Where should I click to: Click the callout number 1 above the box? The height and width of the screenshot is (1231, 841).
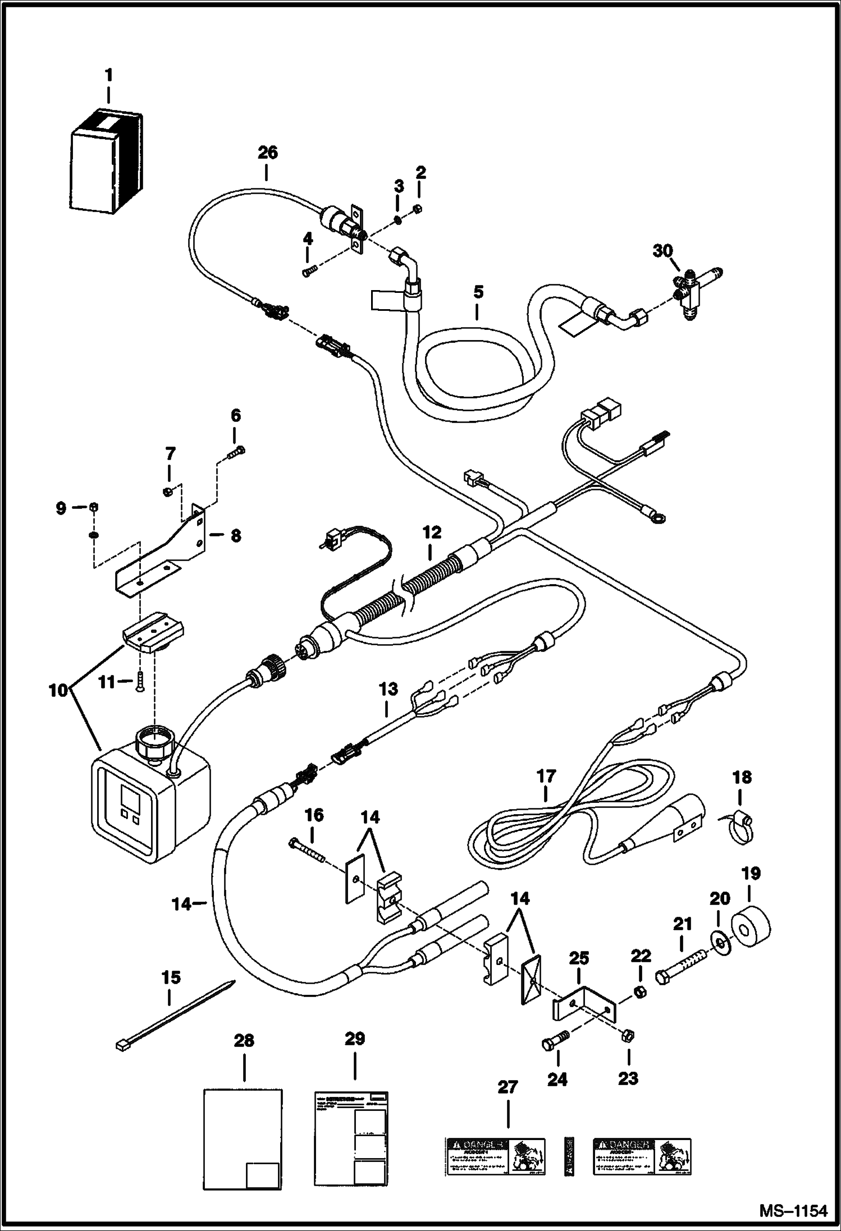point(108,74)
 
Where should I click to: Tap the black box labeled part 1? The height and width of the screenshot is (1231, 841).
point(106,163)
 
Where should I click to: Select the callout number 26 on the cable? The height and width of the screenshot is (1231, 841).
point(268,153)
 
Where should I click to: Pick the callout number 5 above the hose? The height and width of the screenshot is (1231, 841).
point(478,292)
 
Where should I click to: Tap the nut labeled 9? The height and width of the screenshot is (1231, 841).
point(94,507)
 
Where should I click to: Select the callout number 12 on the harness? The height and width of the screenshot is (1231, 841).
point(432,532)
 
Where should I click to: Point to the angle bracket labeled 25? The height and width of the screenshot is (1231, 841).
point(584,1007)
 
